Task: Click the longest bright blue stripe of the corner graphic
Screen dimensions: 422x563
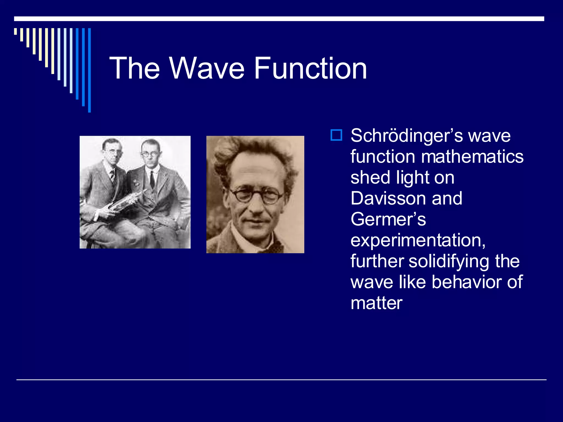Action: pyautogui.click(x=89, y=70)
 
